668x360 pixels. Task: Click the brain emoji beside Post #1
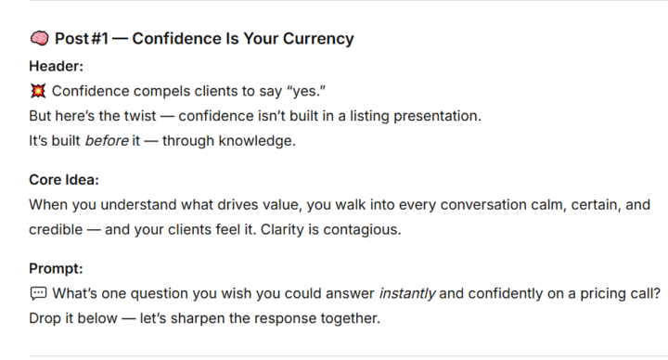click(39, 39)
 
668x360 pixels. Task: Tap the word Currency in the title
click(318, 39)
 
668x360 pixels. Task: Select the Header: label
click(57, 67)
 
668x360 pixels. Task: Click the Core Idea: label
click(64, 180)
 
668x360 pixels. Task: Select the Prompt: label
click(57, 269)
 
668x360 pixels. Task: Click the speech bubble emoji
click(38, 294)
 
